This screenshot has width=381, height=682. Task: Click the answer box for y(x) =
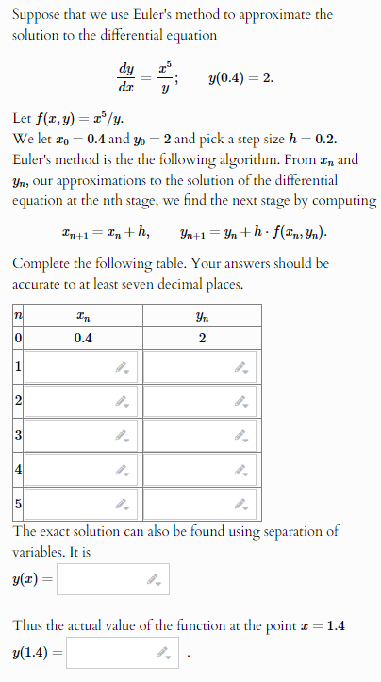coord(104,580)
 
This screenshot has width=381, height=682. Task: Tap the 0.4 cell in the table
coord(83,338)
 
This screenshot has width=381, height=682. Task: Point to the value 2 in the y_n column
coord(203,338)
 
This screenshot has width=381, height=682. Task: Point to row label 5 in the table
coord(17,502)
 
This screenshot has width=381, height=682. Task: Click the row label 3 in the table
coord(17,435)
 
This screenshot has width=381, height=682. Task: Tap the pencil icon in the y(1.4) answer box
coord(163,652)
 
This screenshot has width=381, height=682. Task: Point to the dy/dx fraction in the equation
coord(125,77)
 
